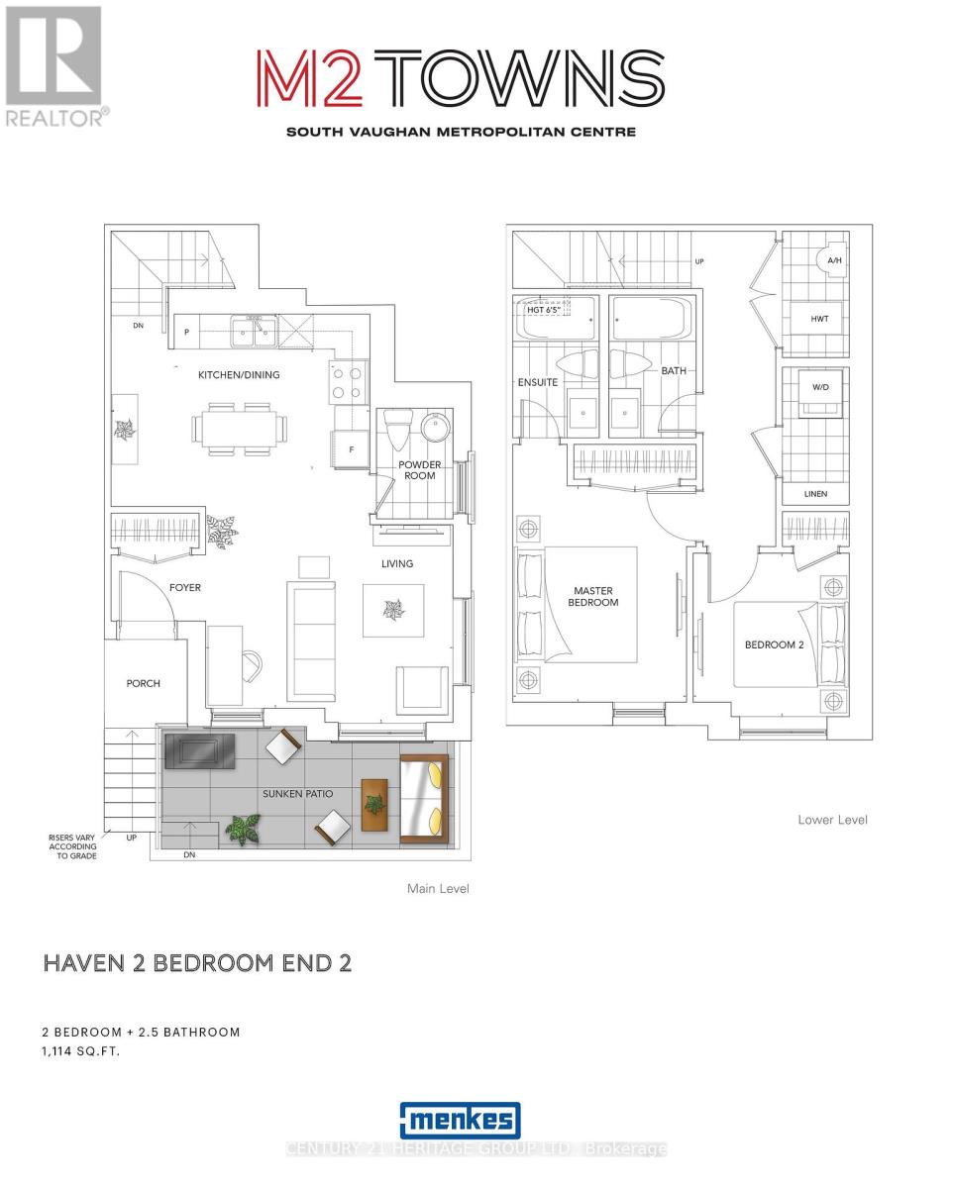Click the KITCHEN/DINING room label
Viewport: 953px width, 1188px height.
tap(239, 375)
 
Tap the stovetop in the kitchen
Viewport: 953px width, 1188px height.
tap(348, 382)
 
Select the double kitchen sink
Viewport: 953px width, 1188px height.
tap(255, 331)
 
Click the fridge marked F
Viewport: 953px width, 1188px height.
tap(351, 448)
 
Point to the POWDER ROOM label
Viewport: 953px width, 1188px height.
tap(419, 470)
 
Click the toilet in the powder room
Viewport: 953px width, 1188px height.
tap(399, 430)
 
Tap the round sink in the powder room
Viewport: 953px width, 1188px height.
tap(435, 426)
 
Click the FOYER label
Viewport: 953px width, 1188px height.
tap(184, 587)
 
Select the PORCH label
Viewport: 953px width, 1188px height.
tap(143, 683)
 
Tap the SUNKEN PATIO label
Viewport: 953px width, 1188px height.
tap(297, 793)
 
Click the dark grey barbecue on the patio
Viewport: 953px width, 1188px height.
tap(199, 750)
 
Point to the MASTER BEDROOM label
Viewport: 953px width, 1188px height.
tap(592, 596)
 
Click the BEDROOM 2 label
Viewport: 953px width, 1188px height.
tap(774, 644)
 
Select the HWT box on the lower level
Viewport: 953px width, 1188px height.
tap(819, 319)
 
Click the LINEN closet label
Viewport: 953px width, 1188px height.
tap(815, 494)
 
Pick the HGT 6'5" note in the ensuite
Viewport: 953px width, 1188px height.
tap(544, 310)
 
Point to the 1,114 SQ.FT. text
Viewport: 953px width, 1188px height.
tap(80, 1051)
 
